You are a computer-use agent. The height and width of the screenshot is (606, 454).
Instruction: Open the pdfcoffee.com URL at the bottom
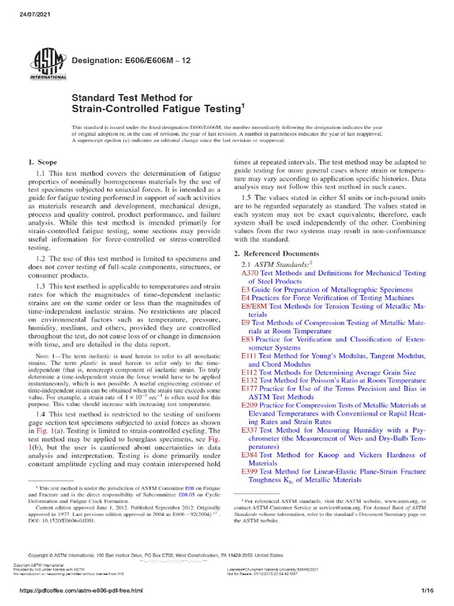click(73, 591)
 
